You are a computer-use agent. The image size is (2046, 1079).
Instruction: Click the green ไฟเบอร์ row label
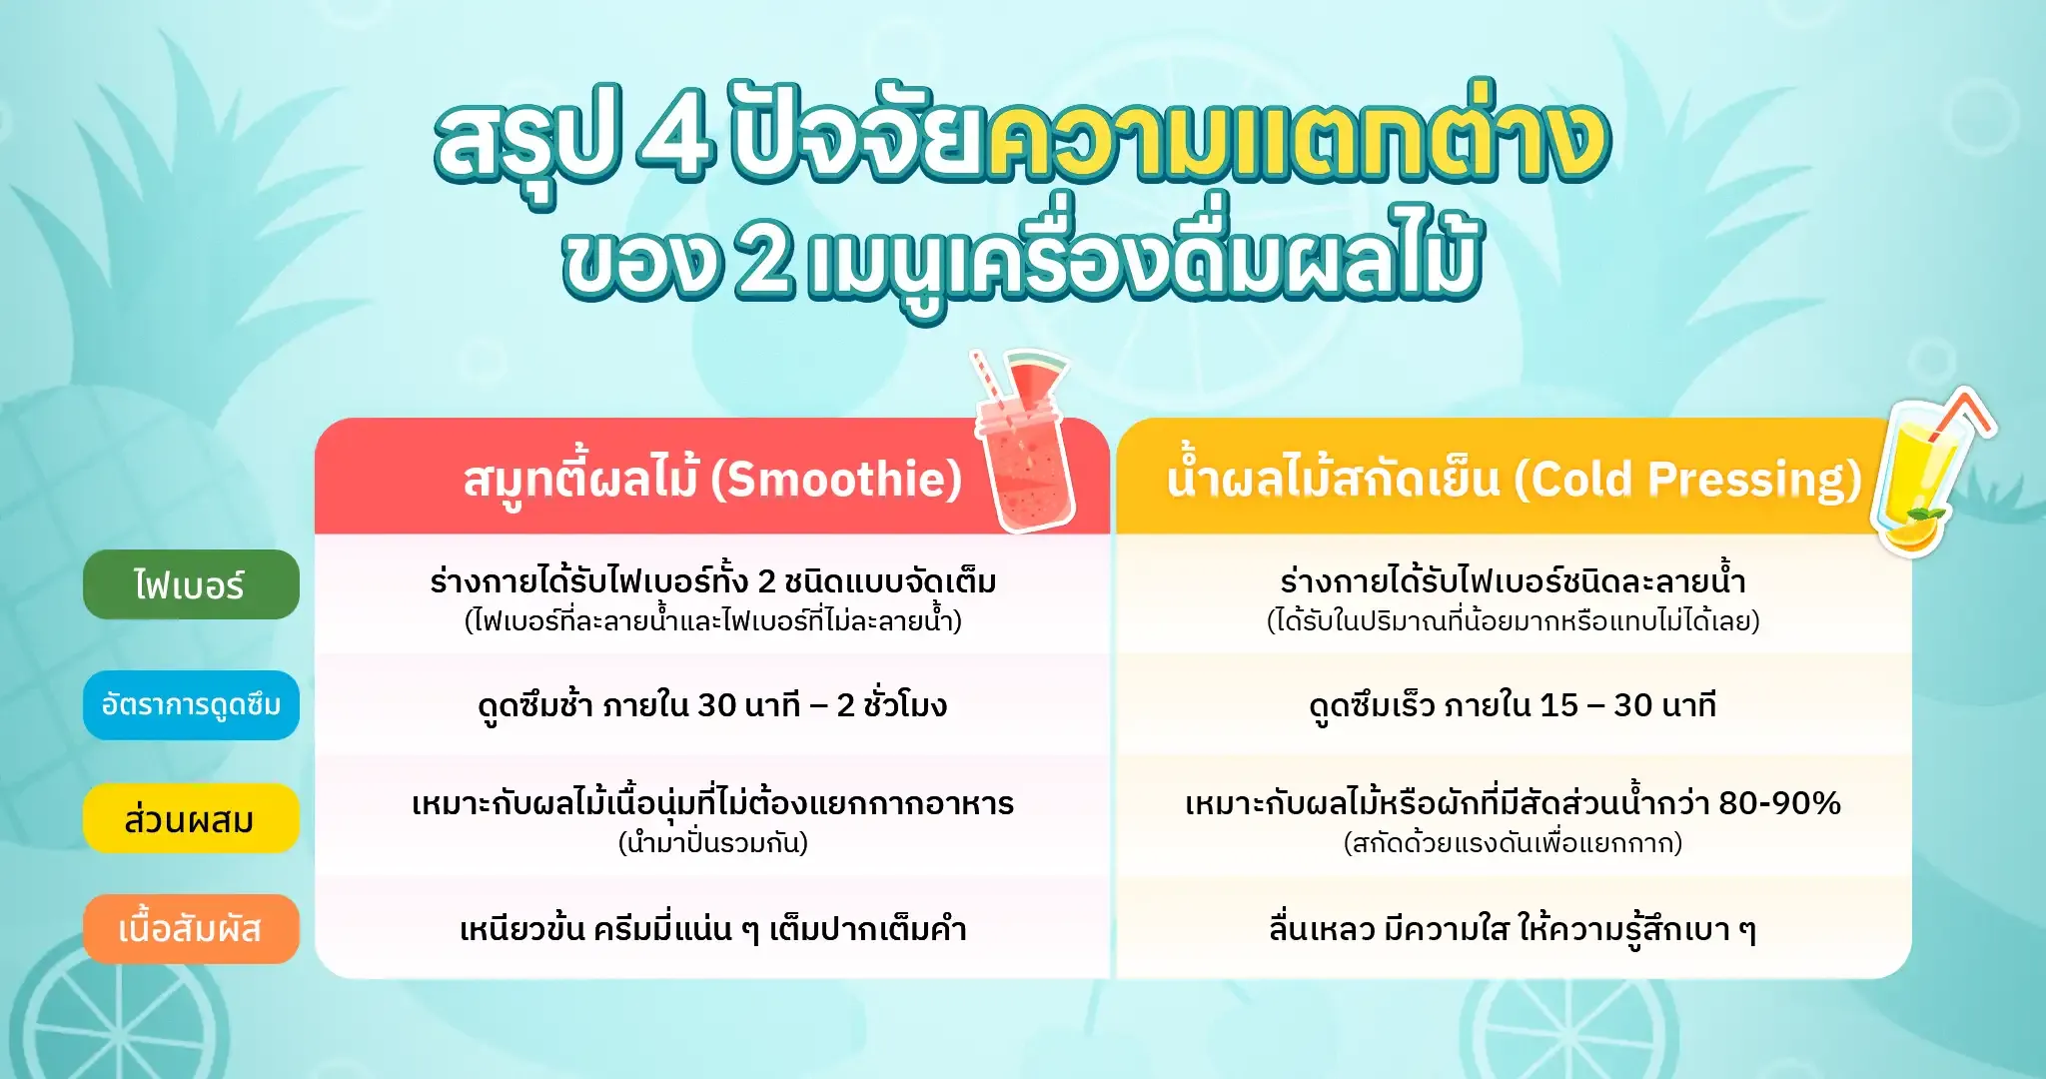pyautogui.click(x=190, y=584)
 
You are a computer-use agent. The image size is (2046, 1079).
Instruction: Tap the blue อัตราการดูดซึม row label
pyautogui.click(x=190, y=705)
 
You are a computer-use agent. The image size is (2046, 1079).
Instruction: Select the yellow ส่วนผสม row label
pyautogui.click(x=190, y=819)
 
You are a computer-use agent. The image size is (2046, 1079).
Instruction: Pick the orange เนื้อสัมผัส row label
pyautogui.click(x=190, y=929)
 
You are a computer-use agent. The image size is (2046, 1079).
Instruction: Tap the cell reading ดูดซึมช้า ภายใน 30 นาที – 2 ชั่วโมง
pyautogui.click(x=712, y=705)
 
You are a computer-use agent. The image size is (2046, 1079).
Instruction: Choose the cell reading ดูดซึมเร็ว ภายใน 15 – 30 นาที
pyautogui.click(x=1513, y=705)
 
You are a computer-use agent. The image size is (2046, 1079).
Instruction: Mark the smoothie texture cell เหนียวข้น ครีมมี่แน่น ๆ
pyautogui.click(x=712, y=929)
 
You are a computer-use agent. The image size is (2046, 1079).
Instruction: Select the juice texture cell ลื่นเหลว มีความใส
pyautogui.click(x=1513, y=929)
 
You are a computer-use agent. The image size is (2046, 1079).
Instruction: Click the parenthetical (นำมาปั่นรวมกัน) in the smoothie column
pyautogui.click(x=712, y=843)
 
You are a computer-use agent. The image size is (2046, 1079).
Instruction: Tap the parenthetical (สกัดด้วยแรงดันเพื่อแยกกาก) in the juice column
pyautogui.click(x=1513, y=843)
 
